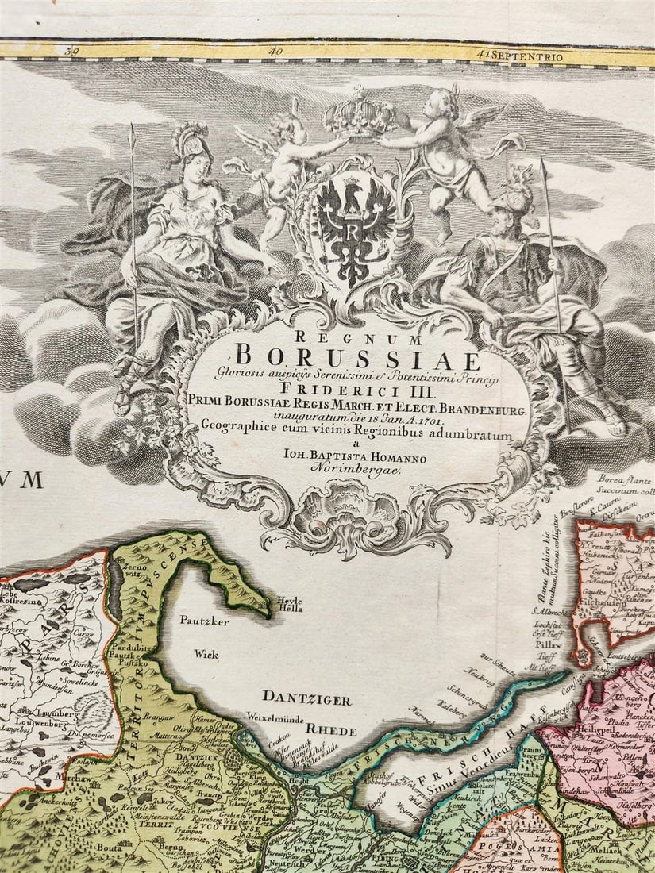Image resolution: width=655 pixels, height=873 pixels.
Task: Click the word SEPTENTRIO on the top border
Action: pyautogui.click(x=528, y=56)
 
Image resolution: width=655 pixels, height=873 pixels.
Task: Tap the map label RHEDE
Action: pyautogui.click(x=332, y=729)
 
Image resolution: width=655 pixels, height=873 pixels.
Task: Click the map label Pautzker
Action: pyautogui.click(x=203, y=621)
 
